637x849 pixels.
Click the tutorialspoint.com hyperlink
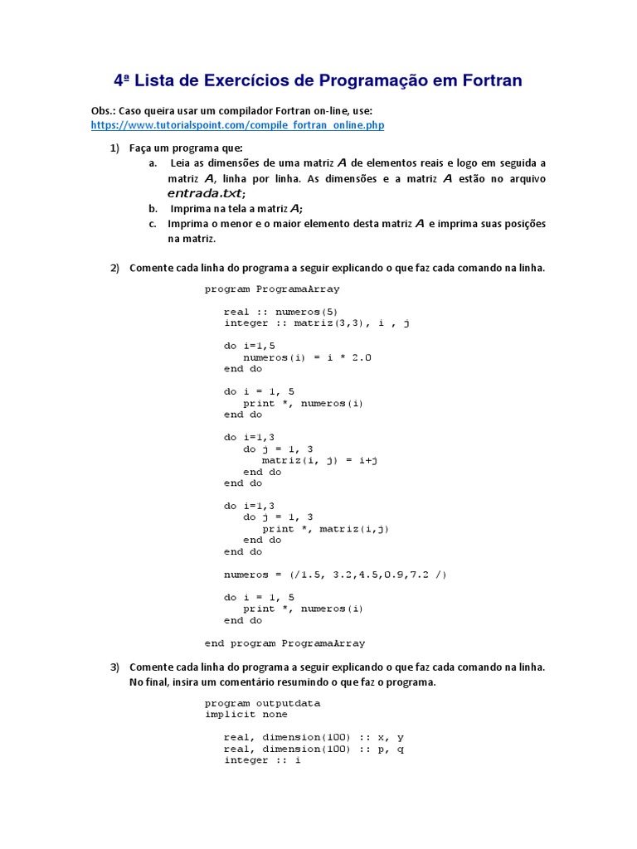coord(237,125)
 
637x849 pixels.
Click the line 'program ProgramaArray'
coord(272,289)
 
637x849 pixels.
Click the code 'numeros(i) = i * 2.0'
coord(308,357)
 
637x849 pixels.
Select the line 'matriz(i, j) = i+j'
coord(320,459)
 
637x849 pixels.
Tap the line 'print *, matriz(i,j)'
coord(326,528)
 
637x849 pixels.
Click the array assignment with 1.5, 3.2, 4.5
coord(335,574)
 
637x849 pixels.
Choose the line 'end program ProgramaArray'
coord(284,643)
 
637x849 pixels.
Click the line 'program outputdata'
coord(262,702)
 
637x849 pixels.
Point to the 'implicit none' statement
coord(246,714)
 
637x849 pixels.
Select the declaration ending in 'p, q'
coord(314,749)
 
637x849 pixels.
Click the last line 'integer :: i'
coord(262,759)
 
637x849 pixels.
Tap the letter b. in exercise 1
coord(153,208)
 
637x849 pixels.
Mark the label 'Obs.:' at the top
coord(104,110)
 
